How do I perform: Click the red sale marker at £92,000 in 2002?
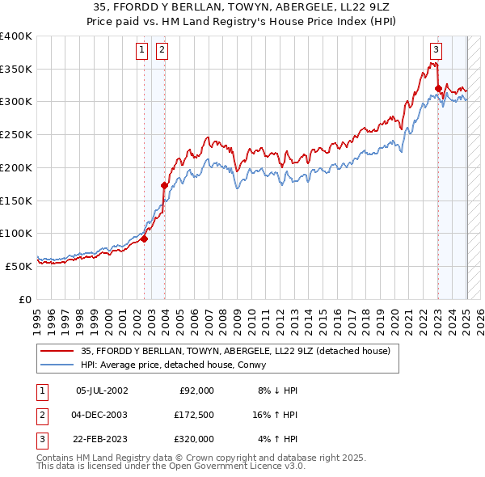[145, 238]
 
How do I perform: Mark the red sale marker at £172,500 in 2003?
[164, 186]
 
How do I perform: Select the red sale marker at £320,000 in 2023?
[438, 89]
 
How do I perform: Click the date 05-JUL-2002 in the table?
[102, 390]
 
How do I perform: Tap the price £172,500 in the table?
[193, 415]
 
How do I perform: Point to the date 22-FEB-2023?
[102, 439]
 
